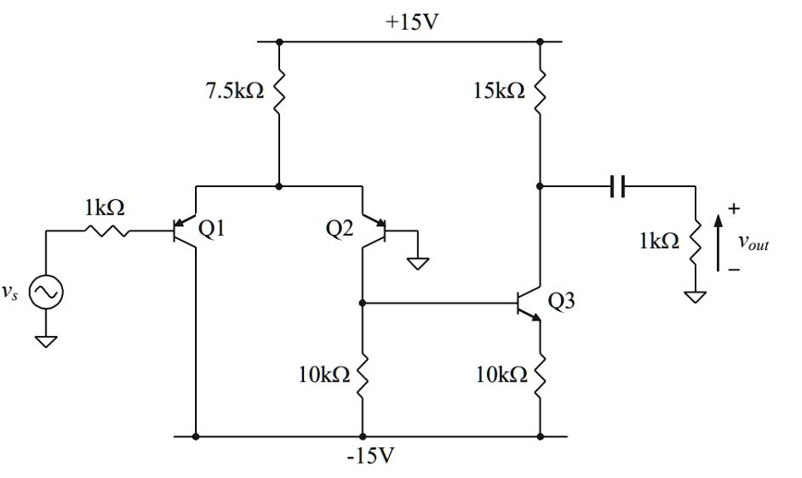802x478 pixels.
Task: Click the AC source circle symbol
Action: (45, 293)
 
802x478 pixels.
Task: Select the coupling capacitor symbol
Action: (618, 185)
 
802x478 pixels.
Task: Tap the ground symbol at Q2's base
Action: (417, 261)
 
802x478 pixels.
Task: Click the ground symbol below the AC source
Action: (45, 340)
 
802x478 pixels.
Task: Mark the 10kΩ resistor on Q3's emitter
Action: (540, 374)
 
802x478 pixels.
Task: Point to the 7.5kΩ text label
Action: (232, 92)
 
